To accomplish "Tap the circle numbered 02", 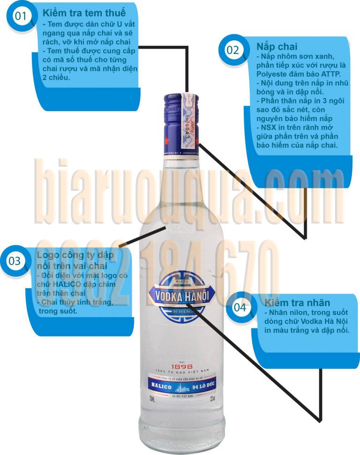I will [x=232, y=51].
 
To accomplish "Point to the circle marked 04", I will [x=240, y=307].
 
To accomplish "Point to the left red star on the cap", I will [x=167, y=140].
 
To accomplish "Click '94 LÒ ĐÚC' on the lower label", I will [x=204, y=387].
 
